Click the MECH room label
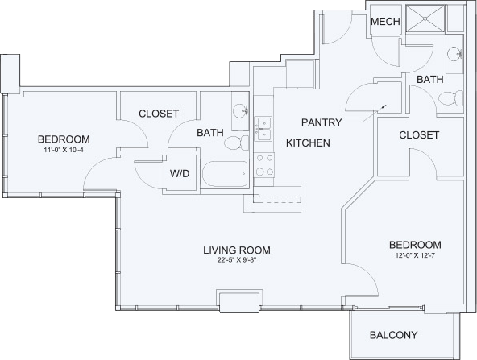click(x=385, y=22)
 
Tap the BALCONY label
click(x=394, y=335)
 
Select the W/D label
click(x=180, y=173)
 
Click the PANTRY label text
click(x=321, y=122)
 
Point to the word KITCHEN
click(x=308, y=143)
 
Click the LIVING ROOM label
click(x=237, y=250)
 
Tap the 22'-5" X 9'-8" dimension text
click(x=237, y=260)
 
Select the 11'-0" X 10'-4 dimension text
click(x=64, y=149)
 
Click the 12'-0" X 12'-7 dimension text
click(x=415, y=255)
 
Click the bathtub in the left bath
click(x=225, y=174)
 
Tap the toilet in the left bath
click(x=237, y=143)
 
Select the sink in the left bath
click(x=240, y=110)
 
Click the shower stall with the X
click(x=425, y=19)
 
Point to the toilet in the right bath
click(x=450, y=98)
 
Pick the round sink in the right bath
click(x=455, y=54)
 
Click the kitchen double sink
click(x=263, y=129)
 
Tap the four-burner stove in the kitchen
click(x=264, y=165)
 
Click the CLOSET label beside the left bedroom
click(x=159, y=114)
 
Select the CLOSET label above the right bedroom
click(x=419, y=135)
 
